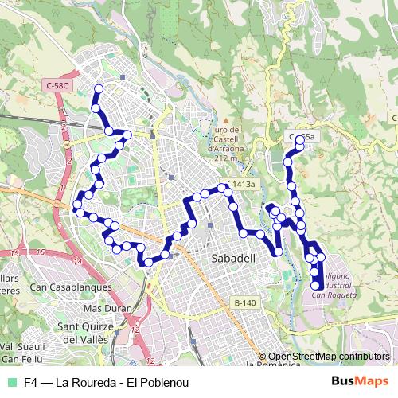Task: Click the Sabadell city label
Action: point(232,259)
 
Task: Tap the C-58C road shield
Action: point(59,84)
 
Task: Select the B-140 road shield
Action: point(246,302)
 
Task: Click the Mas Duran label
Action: point(105,308)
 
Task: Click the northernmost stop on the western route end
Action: point(99,89)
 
